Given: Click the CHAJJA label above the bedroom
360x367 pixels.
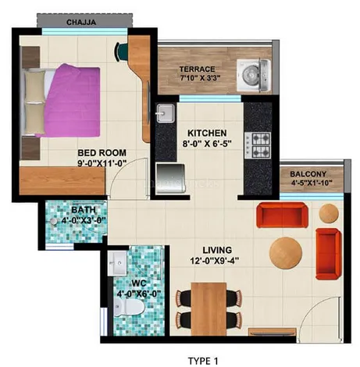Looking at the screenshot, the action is click(81, 22).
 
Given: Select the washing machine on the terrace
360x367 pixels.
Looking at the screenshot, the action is click(253, 75).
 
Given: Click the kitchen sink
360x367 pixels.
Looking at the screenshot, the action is click(165, 113).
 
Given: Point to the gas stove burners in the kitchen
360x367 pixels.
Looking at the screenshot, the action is click(258, 145).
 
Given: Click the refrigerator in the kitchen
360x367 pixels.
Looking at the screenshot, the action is click(171, 179).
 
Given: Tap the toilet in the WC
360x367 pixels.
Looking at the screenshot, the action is click(130, 308).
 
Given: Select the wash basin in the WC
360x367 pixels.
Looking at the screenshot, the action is click(117, 263).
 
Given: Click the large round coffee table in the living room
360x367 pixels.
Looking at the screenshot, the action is click(286, 253).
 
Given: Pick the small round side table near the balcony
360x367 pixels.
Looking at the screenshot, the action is click(329, 213).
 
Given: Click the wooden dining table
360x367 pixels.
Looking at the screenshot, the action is click(209, 309).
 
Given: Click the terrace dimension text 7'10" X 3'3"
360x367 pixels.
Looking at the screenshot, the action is click(200, 77).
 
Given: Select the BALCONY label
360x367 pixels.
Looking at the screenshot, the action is click(308, 174).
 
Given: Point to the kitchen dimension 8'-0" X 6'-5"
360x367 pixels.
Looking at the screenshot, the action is click(207, 144).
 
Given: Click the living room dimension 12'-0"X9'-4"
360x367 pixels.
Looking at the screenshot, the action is click(215, 261).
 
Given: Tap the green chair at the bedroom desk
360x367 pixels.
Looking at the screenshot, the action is click(122, 52).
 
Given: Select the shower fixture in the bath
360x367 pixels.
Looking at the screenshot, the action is click(54, 221).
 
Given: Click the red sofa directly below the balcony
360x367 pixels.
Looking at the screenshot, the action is click(282, 215).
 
